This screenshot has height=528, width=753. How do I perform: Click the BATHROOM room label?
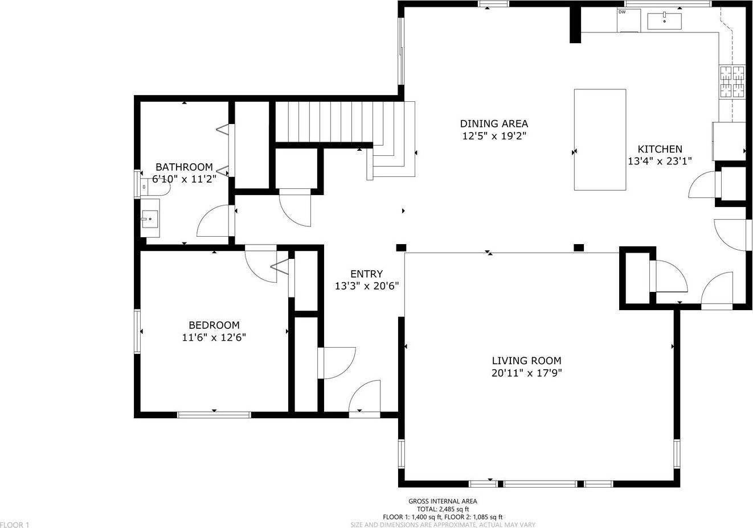tap(184, 167)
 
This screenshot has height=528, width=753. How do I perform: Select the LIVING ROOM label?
tap(526, 360)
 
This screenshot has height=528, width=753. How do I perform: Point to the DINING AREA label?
tap(494, 123)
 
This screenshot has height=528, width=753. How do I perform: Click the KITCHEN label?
tap(660, 149)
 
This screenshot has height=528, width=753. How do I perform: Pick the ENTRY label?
tap(366, 274)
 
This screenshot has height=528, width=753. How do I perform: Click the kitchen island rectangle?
tap(600, 139)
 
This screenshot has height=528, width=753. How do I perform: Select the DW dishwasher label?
tap(621, 11)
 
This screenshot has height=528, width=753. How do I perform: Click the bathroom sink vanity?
tap(150, 218)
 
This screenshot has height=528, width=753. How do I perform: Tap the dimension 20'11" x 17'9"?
tap(526, 373)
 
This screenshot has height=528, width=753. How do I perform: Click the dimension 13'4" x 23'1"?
tap(660, 161)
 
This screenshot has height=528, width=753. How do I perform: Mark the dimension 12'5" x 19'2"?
tap(494, 136)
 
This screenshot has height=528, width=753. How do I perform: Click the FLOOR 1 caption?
tap(15, 525)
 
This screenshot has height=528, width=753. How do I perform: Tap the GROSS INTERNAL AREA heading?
tap(443, 501)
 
